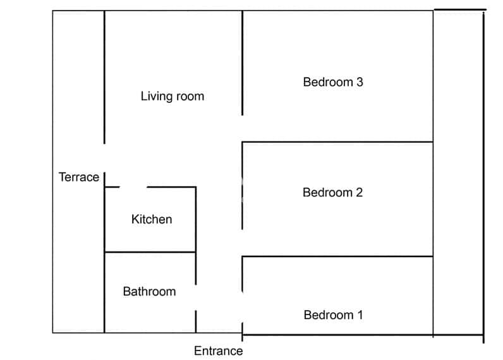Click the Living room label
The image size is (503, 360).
172,97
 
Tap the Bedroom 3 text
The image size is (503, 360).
333,82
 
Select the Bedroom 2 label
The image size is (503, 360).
332,193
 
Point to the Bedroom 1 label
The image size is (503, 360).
333,315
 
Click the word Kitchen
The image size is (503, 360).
151,219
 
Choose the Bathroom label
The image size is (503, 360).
149,291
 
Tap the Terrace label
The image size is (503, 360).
79,177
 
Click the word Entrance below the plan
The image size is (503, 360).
218,351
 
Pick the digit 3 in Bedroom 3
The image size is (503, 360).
360,82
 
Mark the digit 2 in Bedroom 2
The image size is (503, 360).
359,193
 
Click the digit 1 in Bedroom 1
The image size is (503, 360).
360,315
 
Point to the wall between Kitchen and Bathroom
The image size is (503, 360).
150,253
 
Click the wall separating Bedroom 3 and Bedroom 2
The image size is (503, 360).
337,142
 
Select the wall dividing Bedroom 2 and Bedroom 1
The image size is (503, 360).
337,256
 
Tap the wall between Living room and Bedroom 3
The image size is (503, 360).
243,63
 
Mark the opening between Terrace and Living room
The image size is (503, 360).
104,157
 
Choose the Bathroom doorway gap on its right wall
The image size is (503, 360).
196,297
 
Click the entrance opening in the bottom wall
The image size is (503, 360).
219,332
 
